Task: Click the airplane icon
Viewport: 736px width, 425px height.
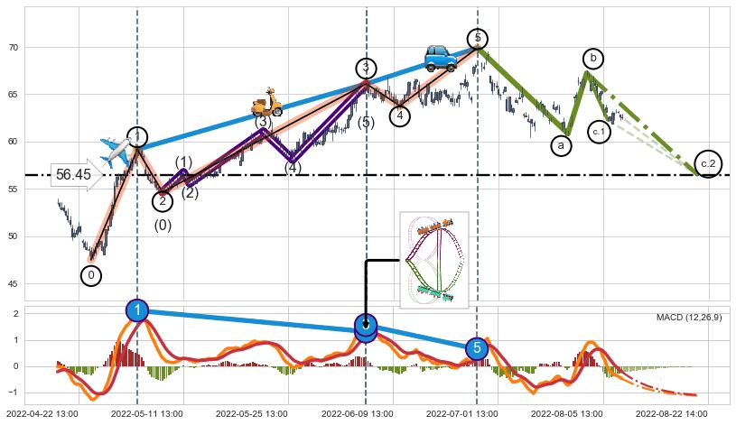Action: point(116,152)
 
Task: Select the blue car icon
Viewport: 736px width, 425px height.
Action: point(441,58)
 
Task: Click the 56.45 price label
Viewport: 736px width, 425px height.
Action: point(73,175)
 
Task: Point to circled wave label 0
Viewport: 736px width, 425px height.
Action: point(91,275)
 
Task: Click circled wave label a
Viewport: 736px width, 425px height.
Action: point(561,144)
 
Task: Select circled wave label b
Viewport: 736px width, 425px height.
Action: point(592,59)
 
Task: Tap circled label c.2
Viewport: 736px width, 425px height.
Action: point(709,162)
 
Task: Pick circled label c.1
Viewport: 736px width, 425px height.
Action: point(600,132)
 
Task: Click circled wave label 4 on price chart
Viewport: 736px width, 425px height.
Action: point(400,115)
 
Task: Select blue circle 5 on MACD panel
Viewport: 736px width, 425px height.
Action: point(477,348)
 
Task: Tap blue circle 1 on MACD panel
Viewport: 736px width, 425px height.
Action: point(136,310)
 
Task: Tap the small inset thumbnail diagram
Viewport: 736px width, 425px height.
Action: point(433,260)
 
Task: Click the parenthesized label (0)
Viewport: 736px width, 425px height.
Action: point(163,226)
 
